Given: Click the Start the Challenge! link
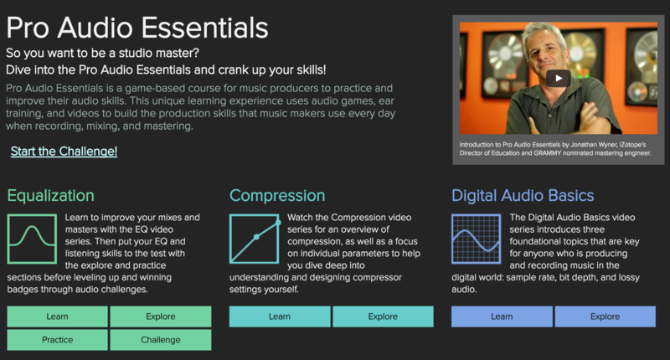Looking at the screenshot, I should pyautogui.click(x=64, y=152).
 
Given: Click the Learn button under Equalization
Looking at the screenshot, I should pyautogui.click(x=57, y=316).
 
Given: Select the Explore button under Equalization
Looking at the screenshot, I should pyautogui.click(x=161, y=316).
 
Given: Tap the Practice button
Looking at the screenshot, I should pyautogui.click(x=57, y=340).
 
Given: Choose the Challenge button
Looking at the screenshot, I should pyautogui.click(x=161, y=340).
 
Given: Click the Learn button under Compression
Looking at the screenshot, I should pyautogui.click(x=280, y=316).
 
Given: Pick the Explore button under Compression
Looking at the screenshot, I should pyautogui.click(x=383, y=316).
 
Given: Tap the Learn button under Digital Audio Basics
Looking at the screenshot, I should pyautogui.click(x=502, y=316).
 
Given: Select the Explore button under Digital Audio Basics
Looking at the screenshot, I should pyautogui.click(x=605, y=316).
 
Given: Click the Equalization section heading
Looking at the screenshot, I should pyautogui.click(x=51, y=196).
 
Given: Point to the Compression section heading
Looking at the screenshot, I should pyautogui.click(x=277, y=196).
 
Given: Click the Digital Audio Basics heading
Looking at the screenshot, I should pyautogui.click(x=523, y=196).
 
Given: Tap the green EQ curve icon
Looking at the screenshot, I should pyautogui.click(x=32, y=239).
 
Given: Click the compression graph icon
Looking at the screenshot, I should pyautogui.click(x=255, y=239).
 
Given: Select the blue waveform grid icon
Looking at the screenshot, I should pyautogui.click(x=477, y=239).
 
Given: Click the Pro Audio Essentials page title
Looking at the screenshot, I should pyautogui.click(x=137, y=28).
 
